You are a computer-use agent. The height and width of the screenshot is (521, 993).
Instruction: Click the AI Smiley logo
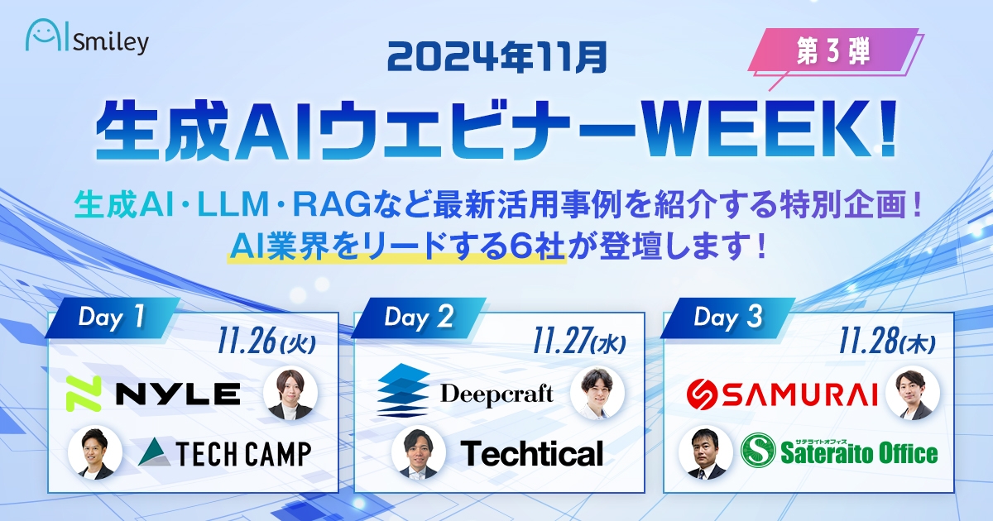click(x=87, y=39)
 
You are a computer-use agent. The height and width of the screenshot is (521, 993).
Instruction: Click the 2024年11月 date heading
click(x=496, y=57)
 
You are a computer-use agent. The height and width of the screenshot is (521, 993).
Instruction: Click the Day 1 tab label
click(x=111, y=318)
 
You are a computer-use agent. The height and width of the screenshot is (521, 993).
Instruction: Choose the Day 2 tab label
click(x=419, y=318)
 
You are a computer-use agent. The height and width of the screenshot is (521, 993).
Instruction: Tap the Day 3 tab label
click(x=727, y=318)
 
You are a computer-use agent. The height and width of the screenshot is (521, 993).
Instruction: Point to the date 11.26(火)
click(x=273, y=342)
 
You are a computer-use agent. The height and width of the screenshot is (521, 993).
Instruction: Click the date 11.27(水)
click(x=579, y=342)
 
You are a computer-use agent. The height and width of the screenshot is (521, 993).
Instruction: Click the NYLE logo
click(x=153, y=393)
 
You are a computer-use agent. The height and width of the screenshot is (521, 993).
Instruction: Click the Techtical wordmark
click(x=531, y=452)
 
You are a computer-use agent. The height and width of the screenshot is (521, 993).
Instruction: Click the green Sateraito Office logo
click(x=839, y=452)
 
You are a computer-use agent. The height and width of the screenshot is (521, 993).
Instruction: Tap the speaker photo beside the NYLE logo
click(x=290, y=392)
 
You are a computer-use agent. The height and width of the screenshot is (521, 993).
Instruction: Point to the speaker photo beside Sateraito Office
click(x=706, y=452)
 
